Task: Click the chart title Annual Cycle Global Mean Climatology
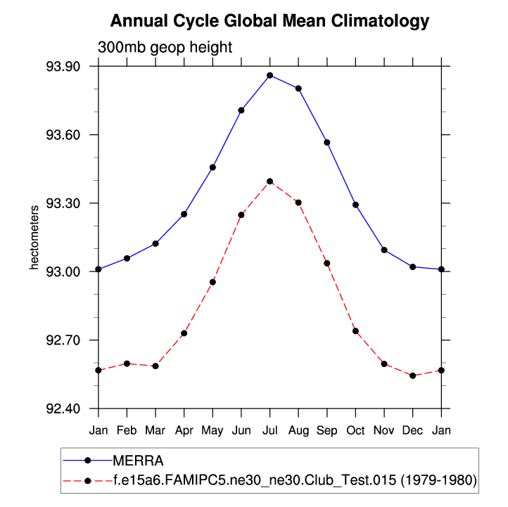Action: [x=269, y=21]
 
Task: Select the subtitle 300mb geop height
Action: [x=165, y=47]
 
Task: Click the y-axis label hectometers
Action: [x=33, y=238]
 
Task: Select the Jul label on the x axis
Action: [x=269, y=429]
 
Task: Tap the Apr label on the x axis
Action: [x=184, y=429]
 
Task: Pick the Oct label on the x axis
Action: [x=355, y=429]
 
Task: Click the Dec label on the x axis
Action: [x=412, y=429]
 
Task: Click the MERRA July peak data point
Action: [x=269, y=75]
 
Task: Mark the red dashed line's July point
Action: [x=269, y=181]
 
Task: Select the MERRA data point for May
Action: [x=212, y=167]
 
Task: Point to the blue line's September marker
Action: [x=326, y=143]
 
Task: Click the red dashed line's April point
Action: [x=184, y=333]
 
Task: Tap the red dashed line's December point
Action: [x=412, y=376]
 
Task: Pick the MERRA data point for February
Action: [x=127, y=259]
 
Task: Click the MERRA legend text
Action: [x=139, y=461]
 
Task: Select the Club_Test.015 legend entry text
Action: [x=295, y=481]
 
